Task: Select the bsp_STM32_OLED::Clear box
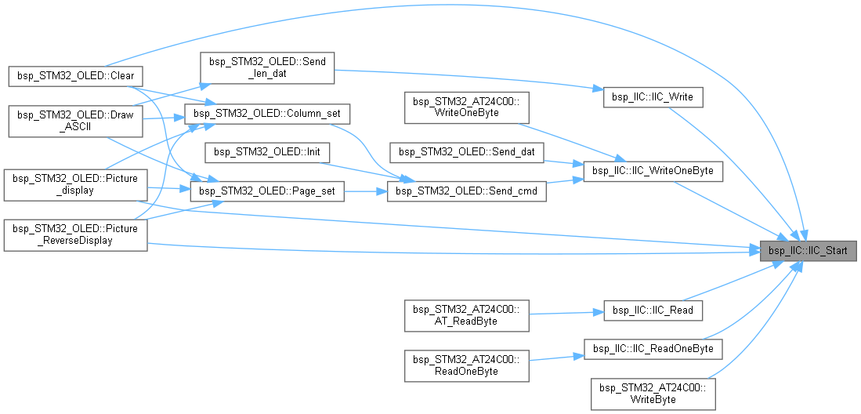(75, 76)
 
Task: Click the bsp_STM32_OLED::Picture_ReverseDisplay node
(75, 234)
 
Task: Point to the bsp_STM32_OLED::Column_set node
(266, 114)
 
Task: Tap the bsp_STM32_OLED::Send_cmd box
(467, 191)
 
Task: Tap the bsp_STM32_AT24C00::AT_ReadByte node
(465, 314)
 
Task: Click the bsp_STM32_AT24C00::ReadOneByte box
(465, 365)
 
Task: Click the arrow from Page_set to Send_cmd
(365, 191)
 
